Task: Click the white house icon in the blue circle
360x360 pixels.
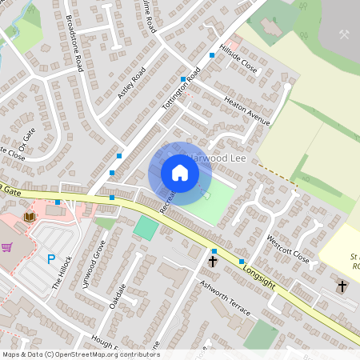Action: (180, 172)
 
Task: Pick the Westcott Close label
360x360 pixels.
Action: (287, 249)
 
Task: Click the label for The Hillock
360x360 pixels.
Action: (62, 272)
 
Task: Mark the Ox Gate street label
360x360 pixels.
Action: (27, 143)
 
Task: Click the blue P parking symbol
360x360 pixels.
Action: (51, 260)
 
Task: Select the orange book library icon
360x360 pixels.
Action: (30, 217)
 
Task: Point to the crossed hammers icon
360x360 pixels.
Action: (345, 34)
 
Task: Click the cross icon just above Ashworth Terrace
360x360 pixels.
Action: (214, 262)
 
